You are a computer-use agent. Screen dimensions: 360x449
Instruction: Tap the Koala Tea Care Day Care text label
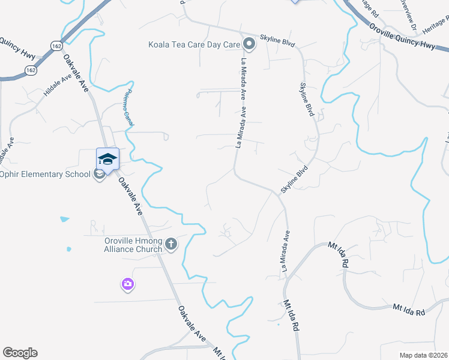coord(194,44)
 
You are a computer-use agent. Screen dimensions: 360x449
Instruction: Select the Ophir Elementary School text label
coord(46,175)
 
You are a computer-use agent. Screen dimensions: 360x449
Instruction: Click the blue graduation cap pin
coord(107,158)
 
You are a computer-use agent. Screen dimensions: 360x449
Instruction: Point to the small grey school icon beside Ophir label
coord(99,175)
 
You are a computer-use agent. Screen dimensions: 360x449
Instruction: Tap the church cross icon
coord(171,244)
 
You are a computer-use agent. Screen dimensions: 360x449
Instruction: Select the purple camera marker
coord(127,284)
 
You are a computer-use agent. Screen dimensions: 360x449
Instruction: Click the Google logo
coord(20,353)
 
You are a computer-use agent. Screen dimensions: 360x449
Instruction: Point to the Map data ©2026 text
coord(423,355)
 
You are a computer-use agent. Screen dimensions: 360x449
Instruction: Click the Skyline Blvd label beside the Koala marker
coord(279,39)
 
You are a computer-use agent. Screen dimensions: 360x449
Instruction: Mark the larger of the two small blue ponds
coord(64,219)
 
